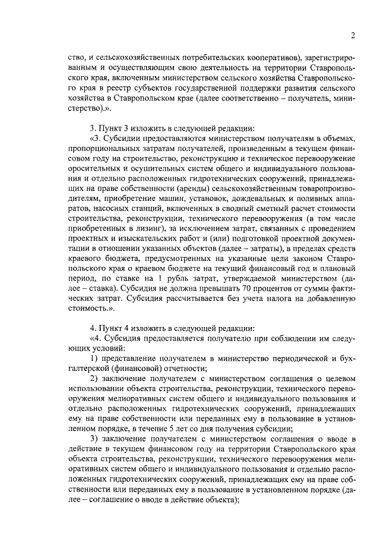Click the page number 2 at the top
pyautogui.click(x=352, y=36)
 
